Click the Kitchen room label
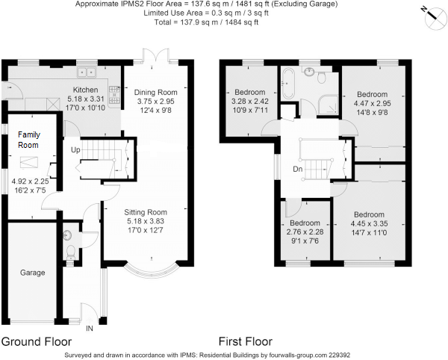coord(85,90)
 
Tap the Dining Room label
coord(156,93)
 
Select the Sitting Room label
coord(146,212)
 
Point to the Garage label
coord(33,273)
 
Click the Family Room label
coord(29,140)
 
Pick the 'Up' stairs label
coord(75,150)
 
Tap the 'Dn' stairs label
coord(298,169)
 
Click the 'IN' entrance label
coord(90,329)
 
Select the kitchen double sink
coord(86,72)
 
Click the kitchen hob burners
coord(114,95)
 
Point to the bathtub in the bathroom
coord(286,83)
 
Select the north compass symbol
coord(435,18)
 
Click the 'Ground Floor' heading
coord(37,342)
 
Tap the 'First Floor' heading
coord(246,341)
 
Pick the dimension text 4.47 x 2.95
coord(373,103)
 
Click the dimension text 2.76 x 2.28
coord(305,232)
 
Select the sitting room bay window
coord(152,270)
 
